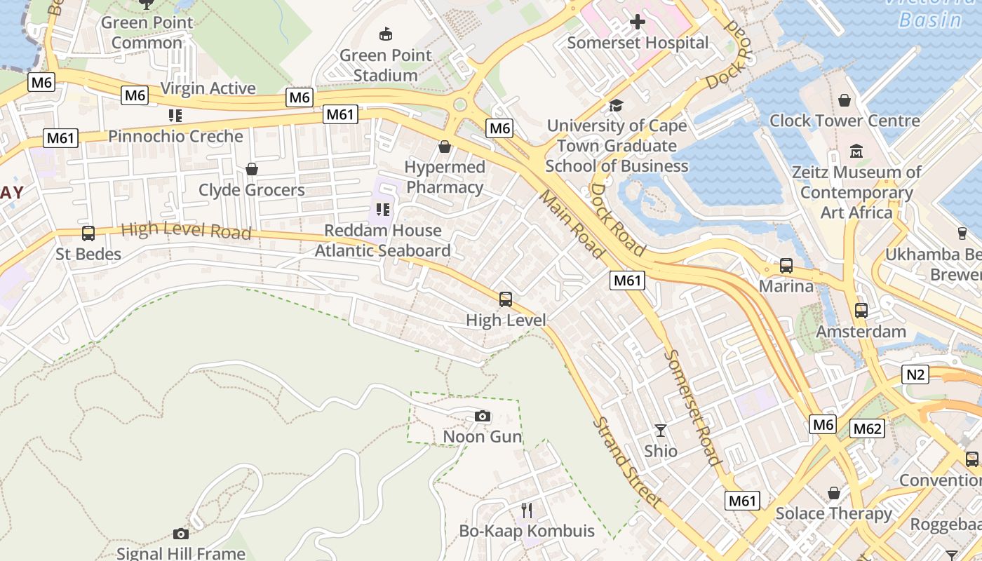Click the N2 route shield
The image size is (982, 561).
(x=915, y=374)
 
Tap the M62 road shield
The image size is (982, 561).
(x=867, y=428)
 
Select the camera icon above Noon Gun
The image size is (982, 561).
(x=482, y=417)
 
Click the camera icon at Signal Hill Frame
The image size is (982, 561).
(x=180, y=534)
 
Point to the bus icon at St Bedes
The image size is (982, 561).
(x=88, y=234)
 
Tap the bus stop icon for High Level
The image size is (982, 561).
(x=506, y=299)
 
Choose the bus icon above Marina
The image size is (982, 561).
(x=786, y=266)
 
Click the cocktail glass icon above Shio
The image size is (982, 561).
(x=661, y=430)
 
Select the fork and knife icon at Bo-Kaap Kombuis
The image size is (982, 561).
(x=527, y=510)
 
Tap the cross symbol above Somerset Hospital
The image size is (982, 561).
(x=638, y=22)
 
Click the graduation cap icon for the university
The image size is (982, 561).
(x=617, y=105)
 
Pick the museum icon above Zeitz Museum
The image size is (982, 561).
(x=856, y=151)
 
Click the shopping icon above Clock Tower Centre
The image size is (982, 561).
(x=845, y=100)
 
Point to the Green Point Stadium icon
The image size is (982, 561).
(x=385, y=34)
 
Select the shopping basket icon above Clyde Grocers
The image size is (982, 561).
(x=252, y=169)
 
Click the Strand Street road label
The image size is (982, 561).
(x=626, y=463)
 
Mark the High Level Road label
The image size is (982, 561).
(x=186, y=230)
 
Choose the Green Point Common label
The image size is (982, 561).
(x=147, y=32)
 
